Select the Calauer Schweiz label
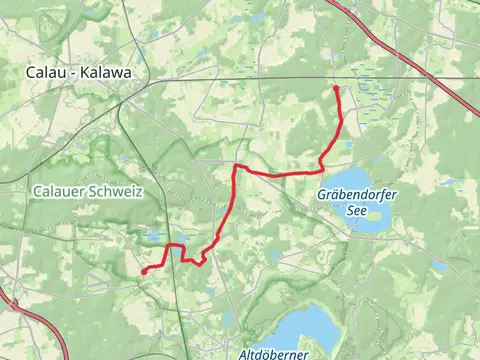(x=87, y=190)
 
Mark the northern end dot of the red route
(x=335, y=89)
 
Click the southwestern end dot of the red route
(x=144, y=271)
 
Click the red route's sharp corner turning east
(x=236, y=166)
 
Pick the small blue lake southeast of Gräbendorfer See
(x=438, y=266)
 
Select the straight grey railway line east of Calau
(x=300, y=79)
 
